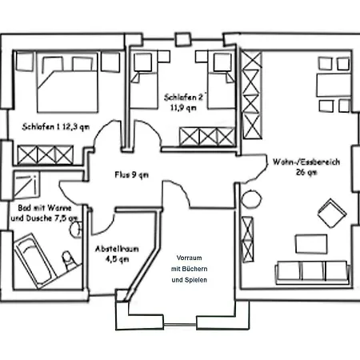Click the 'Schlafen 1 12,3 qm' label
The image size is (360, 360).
pyautogui.click(x=56, y=126)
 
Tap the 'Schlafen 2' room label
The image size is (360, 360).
pyautogui.click(x=183, y=97)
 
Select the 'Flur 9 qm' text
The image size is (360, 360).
pyautogui.click(x=131, y=174)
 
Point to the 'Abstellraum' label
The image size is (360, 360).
pyautogui.click(x=117, y=249)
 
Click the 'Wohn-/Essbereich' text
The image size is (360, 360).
pyautogui.click(x=306, y=162)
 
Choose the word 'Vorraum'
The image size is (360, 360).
pyautogui.click(x=189, y=258)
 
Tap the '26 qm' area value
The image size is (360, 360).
pyautogui.click(x=306, y=172)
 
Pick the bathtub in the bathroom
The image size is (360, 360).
pyautogui.click(x=34, y=261)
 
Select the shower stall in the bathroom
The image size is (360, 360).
pyautogui.click(x=26, y=185)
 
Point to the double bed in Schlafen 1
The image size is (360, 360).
pyautogui.click(x=67, y=82)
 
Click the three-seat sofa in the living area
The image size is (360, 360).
pyautogui.click(x=313, y=273)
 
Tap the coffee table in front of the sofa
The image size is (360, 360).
pyautogui.click(x=311, y=244)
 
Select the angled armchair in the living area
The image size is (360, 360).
pyautogui.click(x=332, y=213)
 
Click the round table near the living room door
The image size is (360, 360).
pyautogui.click(x=252, y=199)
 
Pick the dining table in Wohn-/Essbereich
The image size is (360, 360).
pyautogui.click(x=334, y=85)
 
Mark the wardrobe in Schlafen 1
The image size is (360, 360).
pyautogui.click(x=46, y=154)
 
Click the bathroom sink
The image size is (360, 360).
pyautogui.click(x=76, y=230)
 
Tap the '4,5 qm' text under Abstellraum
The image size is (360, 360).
pyautogui.click(x=117, y=259)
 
